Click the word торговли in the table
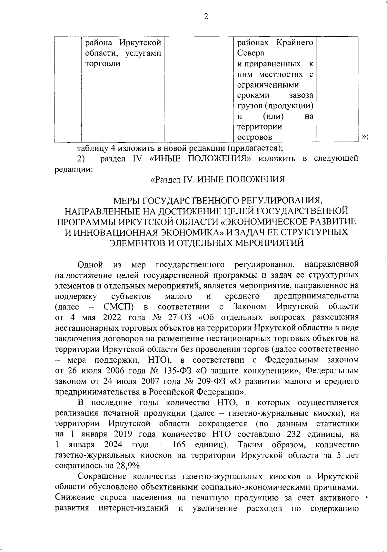(x=102, y=63)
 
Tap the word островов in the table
(x=254, y=137)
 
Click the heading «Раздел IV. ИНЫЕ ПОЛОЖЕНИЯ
(x=218, y=179)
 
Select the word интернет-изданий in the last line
(x=134, y=509)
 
